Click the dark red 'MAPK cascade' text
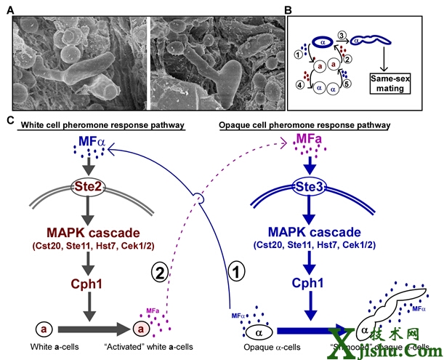[x=86, y=233]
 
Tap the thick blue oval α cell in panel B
[x=318, y=41]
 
